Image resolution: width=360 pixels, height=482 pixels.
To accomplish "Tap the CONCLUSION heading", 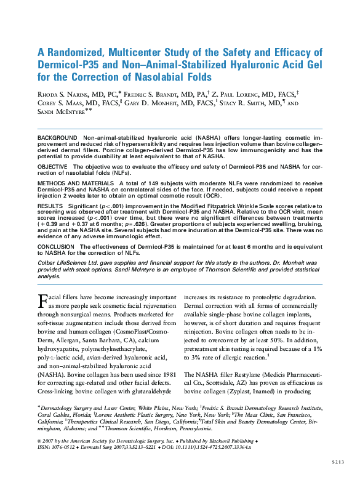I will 56,246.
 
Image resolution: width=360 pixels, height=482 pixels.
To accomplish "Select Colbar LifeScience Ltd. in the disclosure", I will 68,262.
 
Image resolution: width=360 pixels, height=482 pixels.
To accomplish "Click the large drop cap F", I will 43,301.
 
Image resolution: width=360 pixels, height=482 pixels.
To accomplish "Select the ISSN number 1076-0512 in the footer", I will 65,448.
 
